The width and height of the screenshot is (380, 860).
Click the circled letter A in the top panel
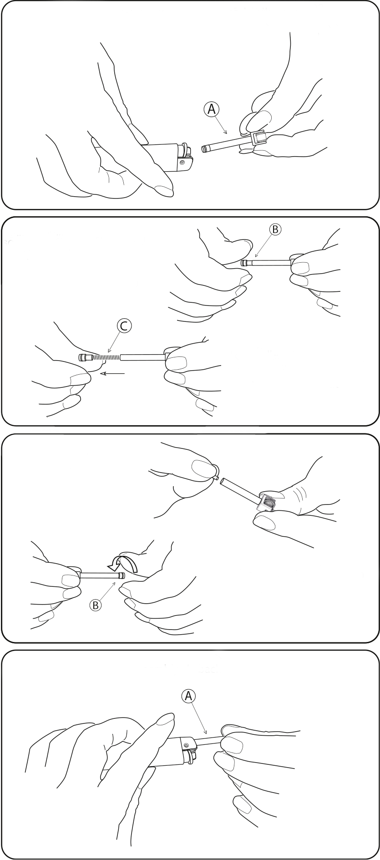tap(211, 109)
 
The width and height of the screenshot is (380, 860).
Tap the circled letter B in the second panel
tap(274, 229)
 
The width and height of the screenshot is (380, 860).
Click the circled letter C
tap(124, 326)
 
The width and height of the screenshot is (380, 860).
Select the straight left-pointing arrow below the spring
tap(113, 374)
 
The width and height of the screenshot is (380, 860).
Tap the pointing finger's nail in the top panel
tap(162, 190)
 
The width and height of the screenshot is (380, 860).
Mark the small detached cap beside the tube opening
tap(218, 478)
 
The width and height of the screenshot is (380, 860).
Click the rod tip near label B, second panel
tap(244, 263)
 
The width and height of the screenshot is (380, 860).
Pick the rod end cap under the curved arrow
tap(122, 575)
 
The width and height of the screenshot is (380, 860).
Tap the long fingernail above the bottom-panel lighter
tap(165, 721)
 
